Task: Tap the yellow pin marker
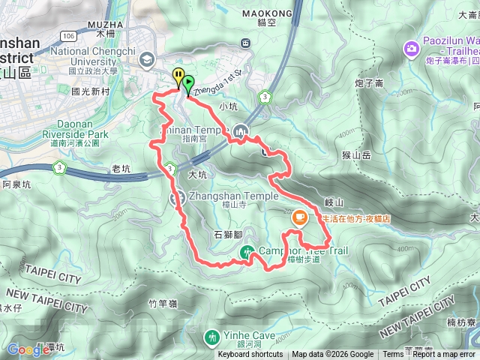(178, 76)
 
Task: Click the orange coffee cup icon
(299, 218)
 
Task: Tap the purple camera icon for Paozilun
(411, 49)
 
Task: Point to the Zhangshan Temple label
(233, 196)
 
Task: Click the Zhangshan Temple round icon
(178, 198)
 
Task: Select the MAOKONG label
(268, 13)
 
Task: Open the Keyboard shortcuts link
(250, 355)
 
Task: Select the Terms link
(393, 355)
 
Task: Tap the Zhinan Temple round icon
(240, 130)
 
